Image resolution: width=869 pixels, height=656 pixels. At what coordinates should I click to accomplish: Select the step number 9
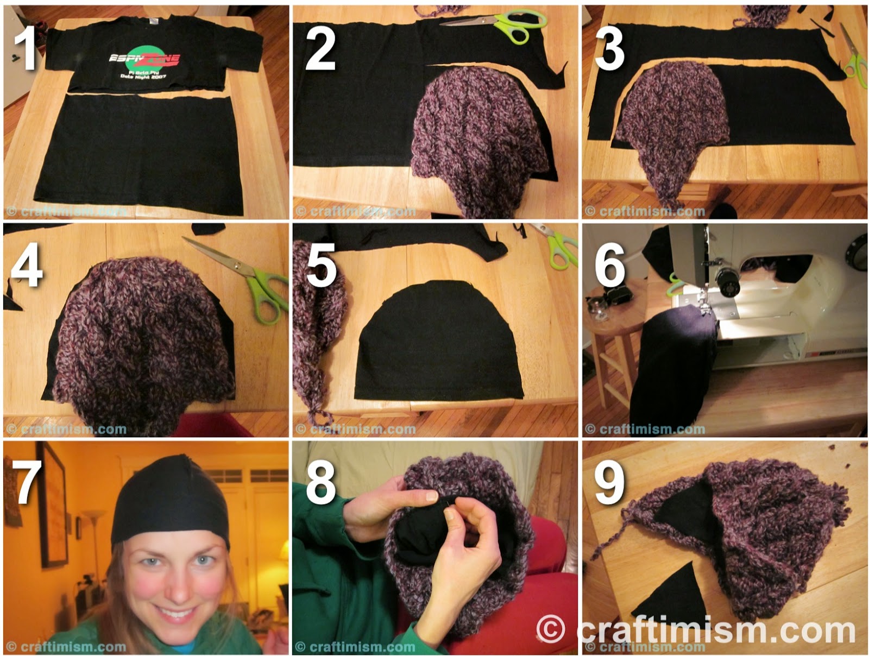(609, 482)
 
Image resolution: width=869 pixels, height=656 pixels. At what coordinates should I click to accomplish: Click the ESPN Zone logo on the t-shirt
(144, 60)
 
